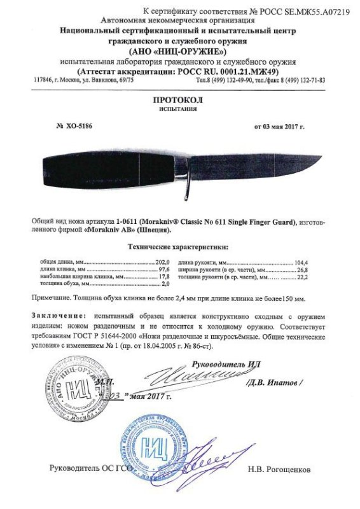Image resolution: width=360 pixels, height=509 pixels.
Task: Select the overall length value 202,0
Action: [x=164, y=262]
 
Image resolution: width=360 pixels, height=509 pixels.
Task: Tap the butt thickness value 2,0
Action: [x=167, y=285]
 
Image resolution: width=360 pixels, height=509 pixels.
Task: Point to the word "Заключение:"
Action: [x=59, y=316]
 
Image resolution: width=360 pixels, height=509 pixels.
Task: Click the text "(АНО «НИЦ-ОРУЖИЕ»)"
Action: [x=179, y=52]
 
